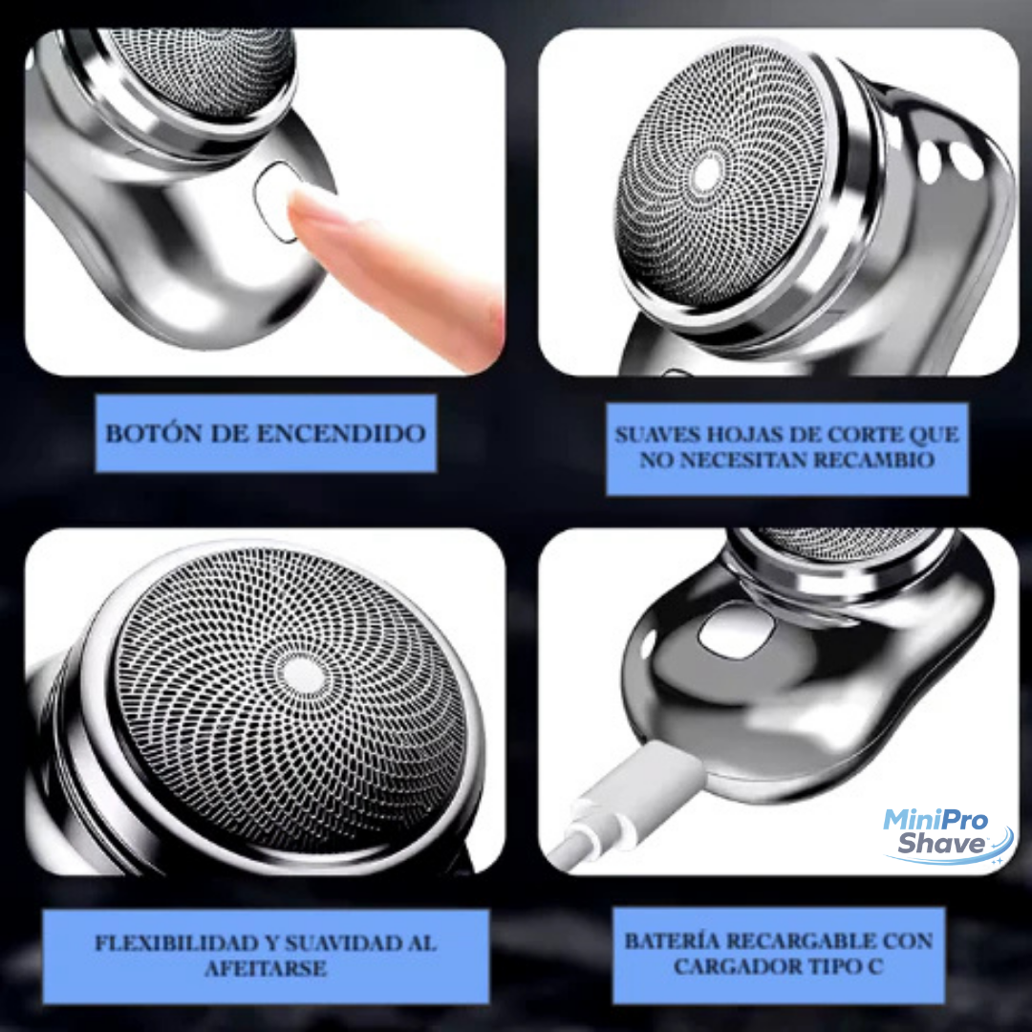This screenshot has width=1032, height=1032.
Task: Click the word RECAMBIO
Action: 874,460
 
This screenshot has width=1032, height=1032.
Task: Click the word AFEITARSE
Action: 266,968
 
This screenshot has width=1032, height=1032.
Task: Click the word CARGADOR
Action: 733,966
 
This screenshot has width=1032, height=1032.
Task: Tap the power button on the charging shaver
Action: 736,632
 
